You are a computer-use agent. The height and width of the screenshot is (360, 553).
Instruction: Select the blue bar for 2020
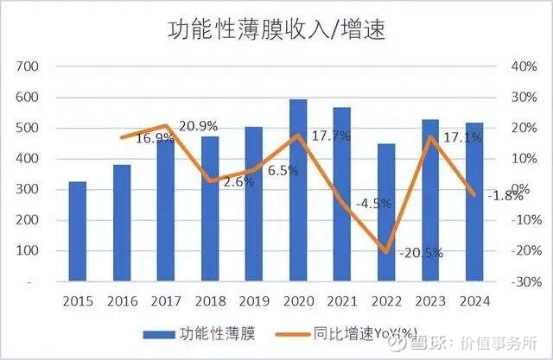pos(298,190)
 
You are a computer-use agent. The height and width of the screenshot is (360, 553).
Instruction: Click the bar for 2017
pos(165,211)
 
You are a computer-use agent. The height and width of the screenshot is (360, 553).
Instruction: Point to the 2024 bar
pos(474,202)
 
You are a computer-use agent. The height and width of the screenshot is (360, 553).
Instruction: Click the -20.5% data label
pos(421,253)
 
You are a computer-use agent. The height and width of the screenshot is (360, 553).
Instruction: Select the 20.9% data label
pos(198,126)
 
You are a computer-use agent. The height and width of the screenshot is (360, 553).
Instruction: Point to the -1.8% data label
pos(504,195)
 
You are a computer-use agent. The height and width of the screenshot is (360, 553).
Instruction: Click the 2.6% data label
pos(235,181)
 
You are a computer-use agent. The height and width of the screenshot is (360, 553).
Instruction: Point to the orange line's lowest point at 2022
pos(386,252)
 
